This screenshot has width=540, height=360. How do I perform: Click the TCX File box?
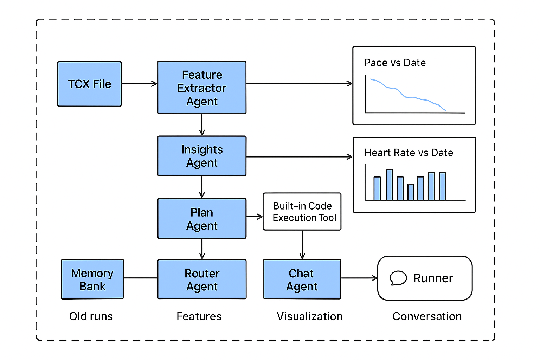click(x=89, y=84)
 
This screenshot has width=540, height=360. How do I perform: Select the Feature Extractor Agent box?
click(x=202, y=88)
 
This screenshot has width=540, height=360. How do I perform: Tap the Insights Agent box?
click(x=202, y=156)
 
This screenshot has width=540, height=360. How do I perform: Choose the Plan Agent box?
click(x=202, y=219)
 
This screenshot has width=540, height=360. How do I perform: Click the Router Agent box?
click(x=202, y=279)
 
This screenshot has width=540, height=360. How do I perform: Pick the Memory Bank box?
click(x=92, y=279)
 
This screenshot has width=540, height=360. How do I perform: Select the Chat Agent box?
click(x=302, y=279)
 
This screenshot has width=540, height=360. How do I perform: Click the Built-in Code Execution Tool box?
click(x=302, y=212)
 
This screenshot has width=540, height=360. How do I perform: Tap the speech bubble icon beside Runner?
click(x=398, y=278)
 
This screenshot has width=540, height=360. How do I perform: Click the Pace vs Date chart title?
click(x=395, y=63)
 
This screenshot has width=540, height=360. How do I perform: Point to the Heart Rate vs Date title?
click(x=409, y=153)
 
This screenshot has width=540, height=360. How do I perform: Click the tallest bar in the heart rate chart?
click(x=389, y=185)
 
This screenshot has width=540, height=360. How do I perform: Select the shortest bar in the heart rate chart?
click(x=410, y=192)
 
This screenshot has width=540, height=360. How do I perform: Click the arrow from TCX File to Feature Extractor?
click(x=139, y=84)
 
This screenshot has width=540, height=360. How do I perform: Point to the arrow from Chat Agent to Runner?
click(x=359, y=278)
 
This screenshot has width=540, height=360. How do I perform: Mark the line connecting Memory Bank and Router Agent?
click(x=141, y=278)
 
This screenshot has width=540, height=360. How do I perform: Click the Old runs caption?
click(x=91, y=316)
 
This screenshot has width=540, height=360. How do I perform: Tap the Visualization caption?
click(x=309, y=316)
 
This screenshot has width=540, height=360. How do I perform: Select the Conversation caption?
click(x=427, y=316)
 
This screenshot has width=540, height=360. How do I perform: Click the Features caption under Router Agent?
click(x=199, y=316)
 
